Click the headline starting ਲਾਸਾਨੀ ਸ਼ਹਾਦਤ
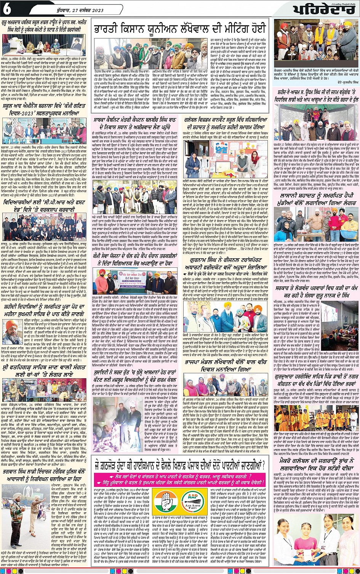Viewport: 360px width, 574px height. [x=315, y=200]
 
